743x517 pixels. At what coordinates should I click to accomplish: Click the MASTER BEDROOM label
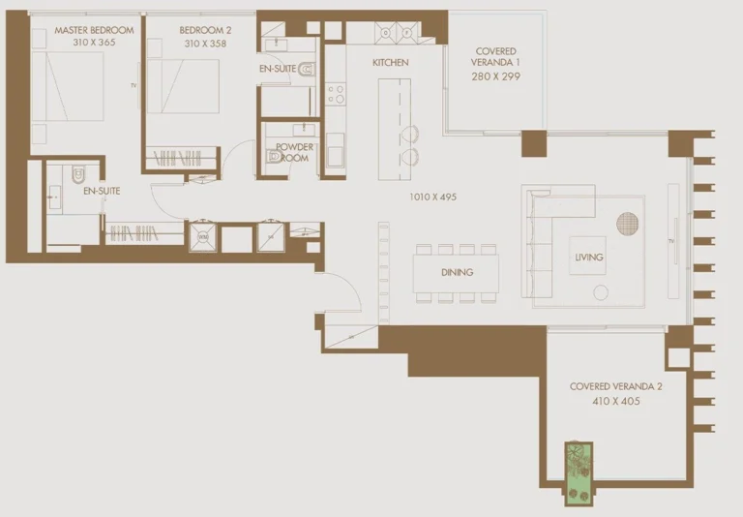tap(94, 30)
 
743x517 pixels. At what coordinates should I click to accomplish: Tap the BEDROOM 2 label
tap(205, 30)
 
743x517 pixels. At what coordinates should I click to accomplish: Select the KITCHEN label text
tap(391, 62)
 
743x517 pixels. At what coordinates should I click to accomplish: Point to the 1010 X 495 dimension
tap(432, 197)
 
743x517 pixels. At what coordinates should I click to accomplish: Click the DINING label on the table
tap(457, 272)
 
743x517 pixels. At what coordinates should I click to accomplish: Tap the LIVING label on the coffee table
tap(588, 258)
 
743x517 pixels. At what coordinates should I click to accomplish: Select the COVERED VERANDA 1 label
tap(495, 57)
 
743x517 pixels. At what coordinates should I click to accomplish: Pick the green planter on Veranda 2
tap(579, 472)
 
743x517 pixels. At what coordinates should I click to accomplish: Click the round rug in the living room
tap(629, 224)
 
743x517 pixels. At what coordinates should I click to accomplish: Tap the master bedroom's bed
tap(69, 87)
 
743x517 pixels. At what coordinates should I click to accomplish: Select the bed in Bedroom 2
tap(184, 87)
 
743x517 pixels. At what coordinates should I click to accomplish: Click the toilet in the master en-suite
tap(78, 174)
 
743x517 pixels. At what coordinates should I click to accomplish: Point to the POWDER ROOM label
tap(293, 152)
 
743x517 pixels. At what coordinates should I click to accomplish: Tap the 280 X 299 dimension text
tap(495, 76)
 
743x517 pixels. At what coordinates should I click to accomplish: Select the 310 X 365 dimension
tap(94, 44)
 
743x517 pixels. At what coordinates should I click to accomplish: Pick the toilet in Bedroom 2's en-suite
tap(307, 69)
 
